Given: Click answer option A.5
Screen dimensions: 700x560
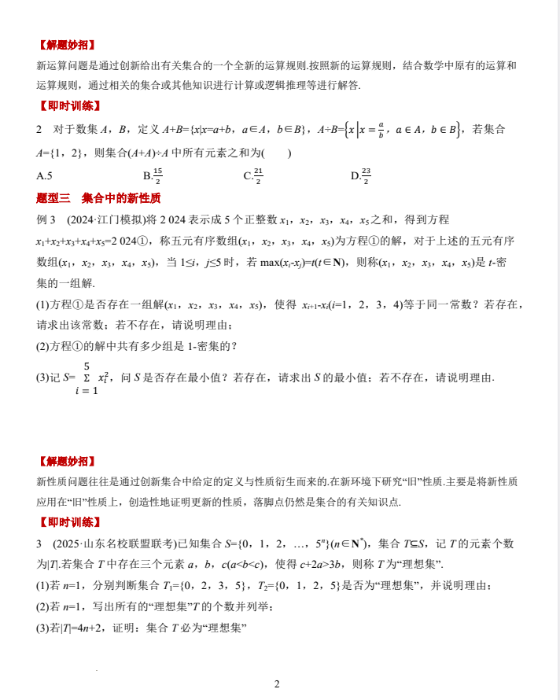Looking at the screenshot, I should [x=44, y=175].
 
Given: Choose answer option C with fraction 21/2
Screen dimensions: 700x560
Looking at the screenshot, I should [x=252, y=175].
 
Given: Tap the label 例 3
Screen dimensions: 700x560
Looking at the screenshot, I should [x=46, y=219].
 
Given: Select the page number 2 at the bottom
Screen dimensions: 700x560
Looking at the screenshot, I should [x=277, y=683].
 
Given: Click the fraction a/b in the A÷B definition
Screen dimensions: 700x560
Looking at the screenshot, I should [x=381, y=129].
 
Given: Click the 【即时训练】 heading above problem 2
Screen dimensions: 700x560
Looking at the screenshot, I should [x=69, y=105].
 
